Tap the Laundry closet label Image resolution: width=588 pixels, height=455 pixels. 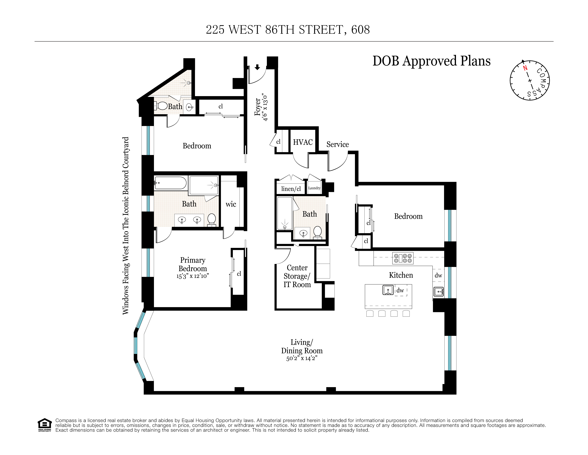point(314,188)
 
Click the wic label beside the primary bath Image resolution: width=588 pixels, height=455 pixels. point(231,204)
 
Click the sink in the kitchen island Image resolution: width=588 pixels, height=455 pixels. point(388,290)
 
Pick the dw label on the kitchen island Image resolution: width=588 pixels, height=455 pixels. point(400,290)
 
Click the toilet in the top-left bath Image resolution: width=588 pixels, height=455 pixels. point(162,106)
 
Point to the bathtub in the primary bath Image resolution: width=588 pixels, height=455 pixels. point(170,183)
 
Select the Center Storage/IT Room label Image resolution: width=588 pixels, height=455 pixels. point(297,276)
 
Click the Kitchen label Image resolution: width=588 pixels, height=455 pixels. point(401,275)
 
